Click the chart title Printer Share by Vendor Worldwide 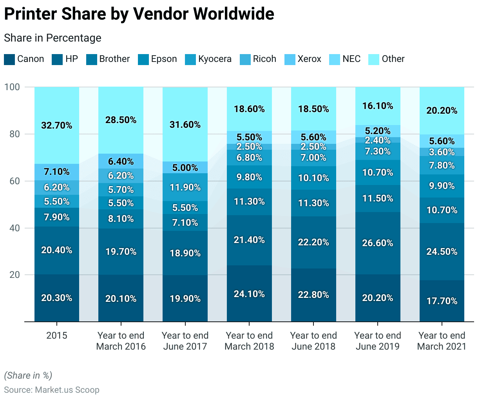pyautogui.click(x=139, y=14)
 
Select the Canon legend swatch pyautogui.click(x=9, y=60)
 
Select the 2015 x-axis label pyautogui.click(x=57, y=336)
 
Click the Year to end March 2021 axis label pyautogui.click(x=442, y=341)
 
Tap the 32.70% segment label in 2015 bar pyautogui.click(x=57, y=125)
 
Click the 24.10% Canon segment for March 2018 pyautogui.click(x=249, y=294)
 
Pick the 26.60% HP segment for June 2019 pyautogui.click(x=378, y=243)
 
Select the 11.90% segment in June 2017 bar pyautogui.click(x=185, y=187)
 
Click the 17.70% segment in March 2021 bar pyautogui.click(x=442, y=301)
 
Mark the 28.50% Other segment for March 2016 pyautogui.click(x=121, y=120)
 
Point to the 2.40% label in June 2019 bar pyautogui.click(x=378, y=140)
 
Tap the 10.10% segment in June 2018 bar pyautogui.click(x=313, y=178)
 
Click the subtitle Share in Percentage pyautogui.click(x=53, y=38)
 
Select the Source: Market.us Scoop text pyautogui.click(x=52, y=390)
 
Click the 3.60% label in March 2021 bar pyautogui.click(x=442, y=152)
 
